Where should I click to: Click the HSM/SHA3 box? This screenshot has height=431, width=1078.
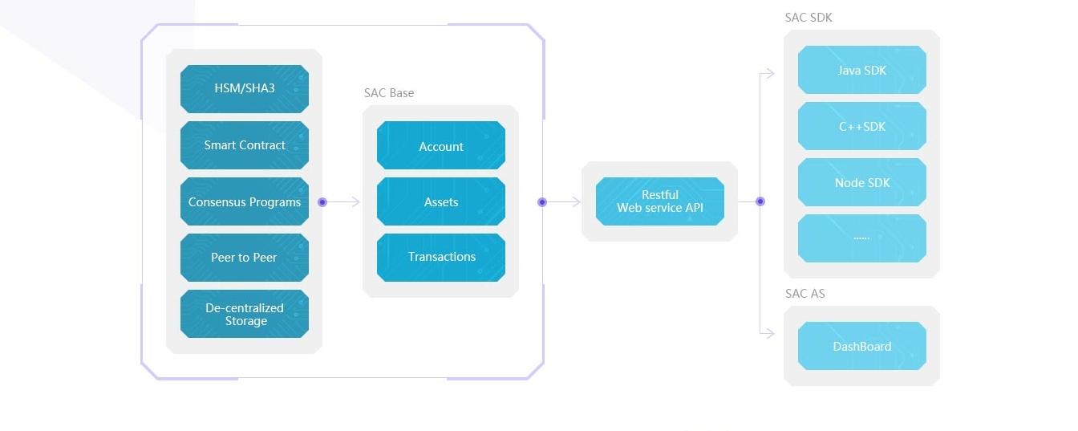[245, 89]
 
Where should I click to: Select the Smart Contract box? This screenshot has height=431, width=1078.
[245, 145]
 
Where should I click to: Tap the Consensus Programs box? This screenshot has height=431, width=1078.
[245, 201]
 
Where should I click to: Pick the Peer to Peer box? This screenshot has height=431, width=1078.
[245, 258]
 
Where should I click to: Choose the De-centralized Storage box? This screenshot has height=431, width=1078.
[245, 314]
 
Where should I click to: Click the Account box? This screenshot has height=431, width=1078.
[441, 145]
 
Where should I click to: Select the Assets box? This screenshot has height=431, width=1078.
[441, 201]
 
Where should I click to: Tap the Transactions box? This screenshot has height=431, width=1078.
[441, 258]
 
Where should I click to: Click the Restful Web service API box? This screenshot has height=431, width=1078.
[660, 201]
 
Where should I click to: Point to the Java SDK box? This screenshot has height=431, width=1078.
[862, 70]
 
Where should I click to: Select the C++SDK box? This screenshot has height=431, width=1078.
[862, 126]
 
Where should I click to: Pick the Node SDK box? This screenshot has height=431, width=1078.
[862, 182]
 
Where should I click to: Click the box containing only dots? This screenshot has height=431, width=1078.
[862, 238]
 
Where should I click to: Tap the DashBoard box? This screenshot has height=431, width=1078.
[862, 346]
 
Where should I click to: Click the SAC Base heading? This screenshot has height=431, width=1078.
[389, 93]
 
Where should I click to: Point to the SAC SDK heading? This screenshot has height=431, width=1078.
[808, 18]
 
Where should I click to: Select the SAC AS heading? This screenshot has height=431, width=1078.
[805, 293]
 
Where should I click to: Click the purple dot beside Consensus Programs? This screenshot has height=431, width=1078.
[322, 201]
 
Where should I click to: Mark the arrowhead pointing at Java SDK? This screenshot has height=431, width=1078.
[771, 74]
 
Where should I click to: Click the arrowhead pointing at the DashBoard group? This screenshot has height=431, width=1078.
[771, 333]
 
